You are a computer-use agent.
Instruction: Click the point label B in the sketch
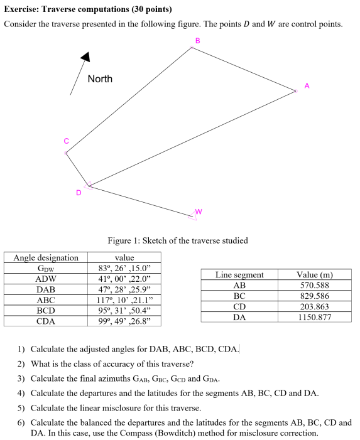197,40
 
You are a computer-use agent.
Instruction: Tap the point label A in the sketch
307,85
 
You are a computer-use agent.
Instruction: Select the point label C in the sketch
65,141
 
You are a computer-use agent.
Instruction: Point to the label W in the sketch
199,211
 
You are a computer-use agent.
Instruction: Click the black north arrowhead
86,56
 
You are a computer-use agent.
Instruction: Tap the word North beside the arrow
100,79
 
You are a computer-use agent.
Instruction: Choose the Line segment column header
239,274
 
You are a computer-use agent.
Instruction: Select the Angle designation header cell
46,257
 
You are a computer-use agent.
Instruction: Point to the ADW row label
46,279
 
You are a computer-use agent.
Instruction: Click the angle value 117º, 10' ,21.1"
124,300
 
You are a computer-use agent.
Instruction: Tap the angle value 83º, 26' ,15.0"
124,268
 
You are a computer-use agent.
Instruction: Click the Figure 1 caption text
178,240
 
